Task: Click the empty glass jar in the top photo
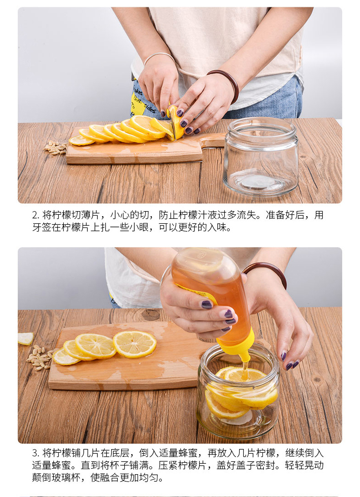pos(261,156)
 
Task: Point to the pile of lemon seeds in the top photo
pos(56,147)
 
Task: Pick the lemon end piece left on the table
pos(26,338)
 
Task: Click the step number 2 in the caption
pos(36,215)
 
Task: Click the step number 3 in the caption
pos(36,453)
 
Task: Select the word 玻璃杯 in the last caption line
pos(66,477)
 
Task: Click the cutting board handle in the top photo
pos(213,140)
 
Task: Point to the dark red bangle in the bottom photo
pos(266,272)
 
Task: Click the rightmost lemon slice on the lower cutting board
pos(135,344)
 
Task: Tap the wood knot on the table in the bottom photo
pos(150,315)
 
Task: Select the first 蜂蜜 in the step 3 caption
pos(188,453)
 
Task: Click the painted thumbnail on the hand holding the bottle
pos(207,305)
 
